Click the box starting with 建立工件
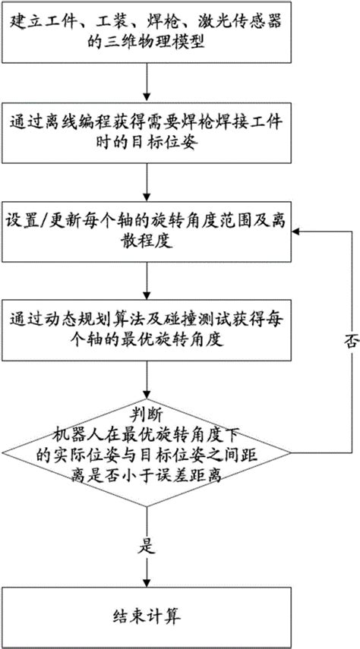147,32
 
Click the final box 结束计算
147,613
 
